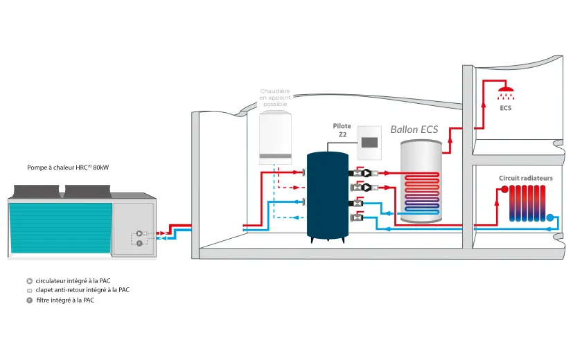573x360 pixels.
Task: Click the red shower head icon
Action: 506,93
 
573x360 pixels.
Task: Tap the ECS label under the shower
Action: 506,108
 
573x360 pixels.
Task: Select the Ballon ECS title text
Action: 414,129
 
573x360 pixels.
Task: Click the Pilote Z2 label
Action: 342,130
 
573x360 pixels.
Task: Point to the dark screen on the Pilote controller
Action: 369,142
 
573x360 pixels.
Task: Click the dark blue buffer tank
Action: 328,197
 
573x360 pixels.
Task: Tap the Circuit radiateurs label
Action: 525,178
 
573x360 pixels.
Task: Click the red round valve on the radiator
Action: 504,189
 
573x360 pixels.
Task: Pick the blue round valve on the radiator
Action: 550,218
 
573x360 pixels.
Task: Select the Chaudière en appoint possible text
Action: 275,98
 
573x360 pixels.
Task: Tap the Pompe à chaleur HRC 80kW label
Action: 68,168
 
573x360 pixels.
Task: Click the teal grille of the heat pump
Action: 61,228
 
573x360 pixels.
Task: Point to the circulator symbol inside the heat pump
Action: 139,233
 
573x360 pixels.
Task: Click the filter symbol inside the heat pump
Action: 139,244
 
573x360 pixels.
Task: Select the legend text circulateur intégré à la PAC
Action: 73,281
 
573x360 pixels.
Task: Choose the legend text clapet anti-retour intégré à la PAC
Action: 82,290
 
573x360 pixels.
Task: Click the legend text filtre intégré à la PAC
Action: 65,300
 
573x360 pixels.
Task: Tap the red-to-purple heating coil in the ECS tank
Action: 421,193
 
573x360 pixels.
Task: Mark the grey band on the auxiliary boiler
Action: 275,156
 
